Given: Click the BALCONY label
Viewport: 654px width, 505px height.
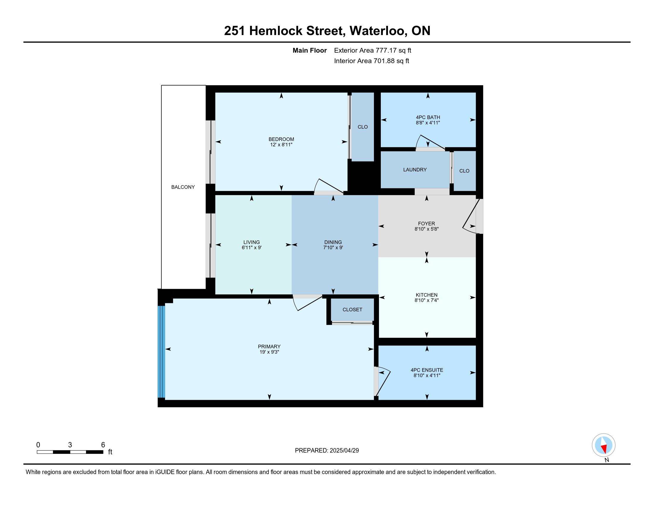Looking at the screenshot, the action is pyautogui.click(x=183, y=187).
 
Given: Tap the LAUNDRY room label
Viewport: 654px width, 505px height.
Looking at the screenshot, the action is pyautogui.click(x=415, y=170).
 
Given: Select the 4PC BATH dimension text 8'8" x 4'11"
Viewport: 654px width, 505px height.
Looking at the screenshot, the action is pyautogui.click(x=428, y=123).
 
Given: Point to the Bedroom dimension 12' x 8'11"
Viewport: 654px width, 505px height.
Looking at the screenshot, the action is pyautogui.click(x=281, y=144).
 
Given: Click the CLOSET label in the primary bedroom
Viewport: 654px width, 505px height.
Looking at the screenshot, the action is pyautogui.click(x=353, y=310).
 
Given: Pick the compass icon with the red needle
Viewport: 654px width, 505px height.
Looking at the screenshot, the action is pyautogui.click(x=603, y=445).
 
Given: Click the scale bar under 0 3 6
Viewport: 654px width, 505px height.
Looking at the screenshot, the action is pyautogui.click(x=70, y=452).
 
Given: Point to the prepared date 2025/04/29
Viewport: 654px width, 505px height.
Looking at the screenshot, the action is pyautogui.click(x=344, y=451).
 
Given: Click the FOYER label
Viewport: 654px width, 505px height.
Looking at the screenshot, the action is pyautogui.click(x=426, y=223).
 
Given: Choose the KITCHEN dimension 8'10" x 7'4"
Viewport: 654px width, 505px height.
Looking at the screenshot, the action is pyautogui.click(x=426, y=300).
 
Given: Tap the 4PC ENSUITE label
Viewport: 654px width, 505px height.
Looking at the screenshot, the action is pyautogui.click(x=427, y=370).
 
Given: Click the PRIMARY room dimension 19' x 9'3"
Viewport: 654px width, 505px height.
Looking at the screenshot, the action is pyautogui.click(x=269, y=352).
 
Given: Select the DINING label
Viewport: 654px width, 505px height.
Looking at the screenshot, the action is pyautogui.click(x=333, y=242).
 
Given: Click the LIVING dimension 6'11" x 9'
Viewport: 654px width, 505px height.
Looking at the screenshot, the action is pyautogui.click(x=251, y=248).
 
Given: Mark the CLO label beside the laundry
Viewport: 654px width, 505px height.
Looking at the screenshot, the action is pyautogui.click(x=464, y=171).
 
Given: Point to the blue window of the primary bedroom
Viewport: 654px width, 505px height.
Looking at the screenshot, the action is pyautogui.click(x=161, y=351).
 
